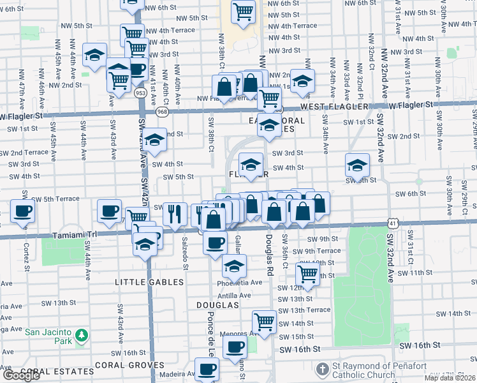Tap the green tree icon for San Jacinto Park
point(81,335)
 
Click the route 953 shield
point(140,93)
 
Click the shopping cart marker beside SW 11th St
point(308,274)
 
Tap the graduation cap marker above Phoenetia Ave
point(234,264)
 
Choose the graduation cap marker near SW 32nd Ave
point(357,165)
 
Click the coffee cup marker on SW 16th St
point(235,347)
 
